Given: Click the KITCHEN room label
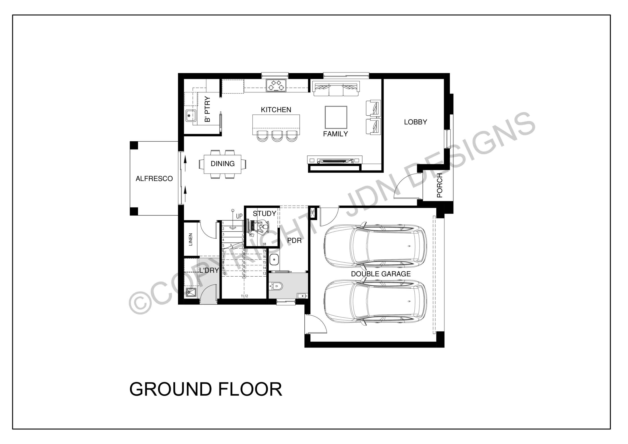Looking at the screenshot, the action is click(276, 110).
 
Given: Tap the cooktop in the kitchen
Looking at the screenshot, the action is click(276, 85).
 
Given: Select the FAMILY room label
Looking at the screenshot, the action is click(335, 134).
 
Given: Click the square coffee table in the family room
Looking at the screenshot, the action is click(336, 117).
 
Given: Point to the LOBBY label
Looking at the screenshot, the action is click(416, 122).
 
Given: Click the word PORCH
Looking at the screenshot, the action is click(439, 185).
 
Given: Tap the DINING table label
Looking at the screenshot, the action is click(223, 164).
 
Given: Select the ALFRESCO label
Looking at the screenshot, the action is click(154, 179).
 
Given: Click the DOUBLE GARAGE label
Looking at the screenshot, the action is click(381, 274).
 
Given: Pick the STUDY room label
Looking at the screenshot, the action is click(264, 214).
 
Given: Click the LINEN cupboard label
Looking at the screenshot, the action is click(190, 239).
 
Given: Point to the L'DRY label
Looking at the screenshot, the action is click(209, 270).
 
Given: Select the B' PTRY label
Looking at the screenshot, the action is click(207, 109).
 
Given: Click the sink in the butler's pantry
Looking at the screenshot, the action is click(191, 116).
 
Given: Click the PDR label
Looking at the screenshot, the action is click(294, 240).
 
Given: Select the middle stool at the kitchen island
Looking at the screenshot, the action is click(277, 136).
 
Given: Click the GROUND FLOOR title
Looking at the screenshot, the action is click(206, 389).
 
